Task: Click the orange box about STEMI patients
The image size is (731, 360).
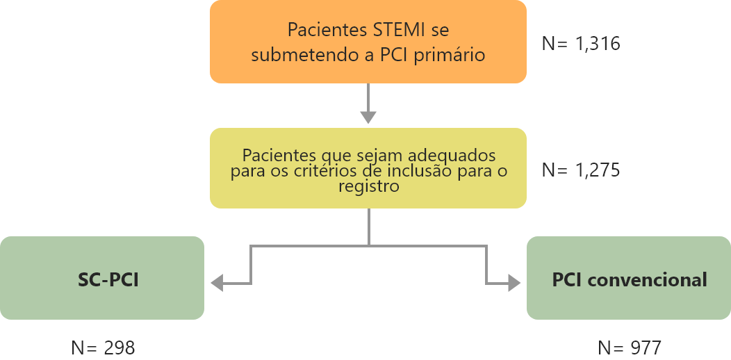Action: pyautogui.click(x=368, y=42)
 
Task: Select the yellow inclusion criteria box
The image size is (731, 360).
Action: pyautogui.click(x=368, y=168)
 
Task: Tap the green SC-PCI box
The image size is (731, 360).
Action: pyautogui.click(x=102, y=278)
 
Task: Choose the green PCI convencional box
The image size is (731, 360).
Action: pyautogui.click(x=629, y=278)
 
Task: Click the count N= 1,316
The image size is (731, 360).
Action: pyautogui.click(x=581, y=44)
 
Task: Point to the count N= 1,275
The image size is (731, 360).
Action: pyautogui.click(x=581, y=170)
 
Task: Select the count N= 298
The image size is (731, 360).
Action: pyautogui.click(x=103, y=348)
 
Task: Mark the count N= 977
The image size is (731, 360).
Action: pyautogui.click(x=630, y=348)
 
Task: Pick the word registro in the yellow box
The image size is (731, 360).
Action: pyautogui.click(x=368, y=187)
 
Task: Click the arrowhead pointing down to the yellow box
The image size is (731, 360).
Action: pyautogui.click(x=368, y=117)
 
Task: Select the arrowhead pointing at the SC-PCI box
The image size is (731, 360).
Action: pyautogui.click(x=217, y=283)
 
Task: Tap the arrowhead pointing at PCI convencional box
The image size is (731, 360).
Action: pyautogui.click(x=515, y=283)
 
